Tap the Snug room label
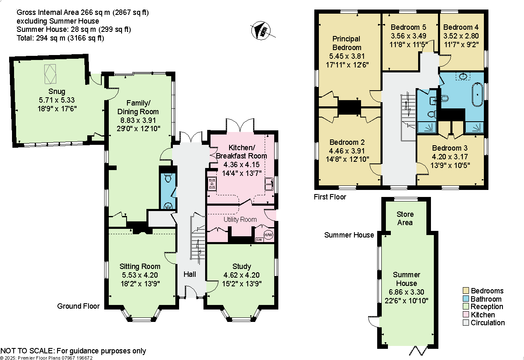(56, 91)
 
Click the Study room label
(242, 266)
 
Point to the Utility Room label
(240, 219)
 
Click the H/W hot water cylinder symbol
(268, 235)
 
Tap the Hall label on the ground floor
(190, 274)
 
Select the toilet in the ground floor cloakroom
(168, 178)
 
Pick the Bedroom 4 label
(461, 27)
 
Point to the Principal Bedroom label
(347, 43)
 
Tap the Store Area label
(405, 218)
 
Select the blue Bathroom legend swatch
(465, 299)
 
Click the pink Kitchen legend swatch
(465, 315)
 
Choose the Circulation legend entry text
(488, 323)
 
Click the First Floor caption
(330, 197)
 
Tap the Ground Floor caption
(78, 306)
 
